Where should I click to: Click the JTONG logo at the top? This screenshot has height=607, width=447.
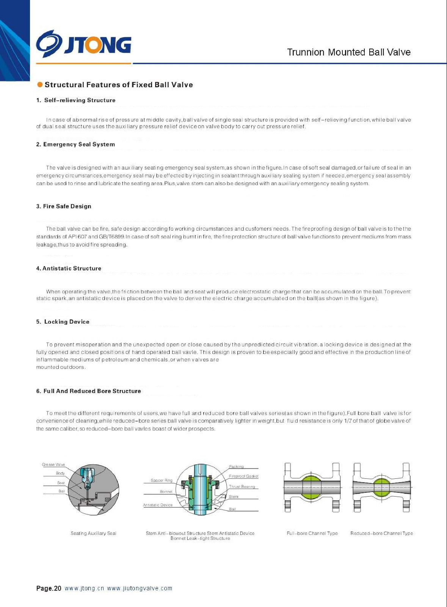[84, 45]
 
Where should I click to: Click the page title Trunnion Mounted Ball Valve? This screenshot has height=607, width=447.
[348, 52]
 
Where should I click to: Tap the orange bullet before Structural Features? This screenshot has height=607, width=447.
[40, 85]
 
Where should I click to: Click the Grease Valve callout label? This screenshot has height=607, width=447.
[53, 464]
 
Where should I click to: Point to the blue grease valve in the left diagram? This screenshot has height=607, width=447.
[88, 476]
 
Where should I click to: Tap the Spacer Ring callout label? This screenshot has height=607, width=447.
[162, 480]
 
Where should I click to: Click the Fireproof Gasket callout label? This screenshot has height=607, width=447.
[243, 476]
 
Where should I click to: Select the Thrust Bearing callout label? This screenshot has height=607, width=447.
[242, 486]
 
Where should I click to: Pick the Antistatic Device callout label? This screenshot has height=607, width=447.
[158, 505]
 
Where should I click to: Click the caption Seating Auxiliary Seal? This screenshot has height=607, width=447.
[93, 533]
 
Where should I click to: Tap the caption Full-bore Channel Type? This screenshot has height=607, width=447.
[312, 533]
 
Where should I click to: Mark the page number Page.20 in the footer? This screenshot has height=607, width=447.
[49, 588]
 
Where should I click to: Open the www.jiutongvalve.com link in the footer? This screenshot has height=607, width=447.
[140, 588]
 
